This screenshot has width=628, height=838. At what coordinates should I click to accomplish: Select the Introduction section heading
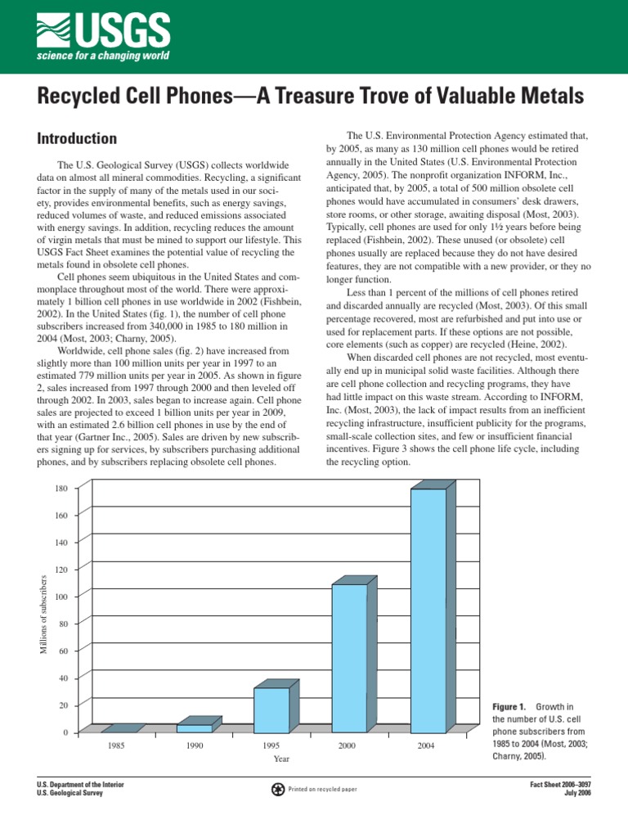(x=77, y=138)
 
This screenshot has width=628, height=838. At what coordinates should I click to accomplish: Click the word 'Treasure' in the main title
(x=320, y=97)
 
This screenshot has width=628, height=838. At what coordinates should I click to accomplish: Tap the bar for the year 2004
(x=428, y=610)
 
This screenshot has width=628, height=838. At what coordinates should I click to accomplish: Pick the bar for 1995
(x=271, y=710)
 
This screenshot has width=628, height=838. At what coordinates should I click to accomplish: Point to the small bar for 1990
(x=195, y=728)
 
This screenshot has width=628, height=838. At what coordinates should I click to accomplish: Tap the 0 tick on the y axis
(x=65, y=732)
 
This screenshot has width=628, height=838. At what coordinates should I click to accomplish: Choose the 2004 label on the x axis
(x=427, y=746)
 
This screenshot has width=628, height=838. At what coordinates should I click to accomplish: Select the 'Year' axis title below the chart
(x=281, y=759)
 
